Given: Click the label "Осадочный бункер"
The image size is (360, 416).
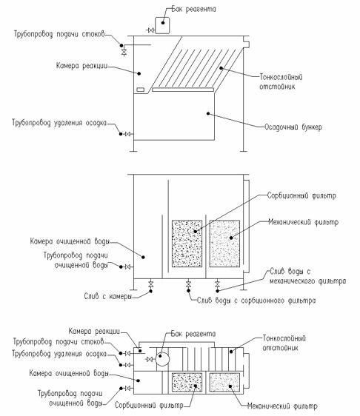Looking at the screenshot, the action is click(x=293, y=127).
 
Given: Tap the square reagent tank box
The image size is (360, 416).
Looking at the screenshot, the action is click(x=162, y=25).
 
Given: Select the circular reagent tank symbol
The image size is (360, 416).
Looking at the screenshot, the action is click(x=162, y=359).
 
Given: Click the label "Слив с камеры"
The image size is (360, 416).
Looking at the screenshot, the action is click(x=108, y=296).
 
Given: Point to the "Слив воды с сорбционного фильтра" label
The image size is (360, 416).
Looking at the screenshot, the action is click(x=256, y=301).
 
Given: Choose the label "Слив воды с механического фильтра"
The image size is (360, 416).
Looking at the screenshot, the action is click(x=307, y=276).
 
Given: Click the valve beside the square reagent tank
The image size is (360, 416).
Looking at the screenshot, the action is click(x=151, y=30).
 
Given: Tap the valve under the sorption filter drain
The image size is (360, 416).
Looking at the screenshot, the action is click(x=188, y=284).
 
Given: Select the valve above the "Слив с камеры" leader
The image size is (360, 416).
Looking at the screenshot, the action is click(x=151, y=284).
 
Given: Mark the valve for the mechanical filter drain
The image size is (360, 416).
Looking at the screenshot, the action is click(x=218, y=284).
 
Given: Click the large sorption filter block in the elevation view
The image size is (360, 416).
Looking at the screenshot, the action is click(x=187, y=244).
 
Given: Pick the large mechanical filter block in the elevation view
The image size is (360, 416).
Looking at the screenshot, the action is click(x=224, y=244).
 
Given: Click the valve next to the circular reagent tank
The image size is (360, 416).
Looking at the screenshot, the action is click(x=150, y=359).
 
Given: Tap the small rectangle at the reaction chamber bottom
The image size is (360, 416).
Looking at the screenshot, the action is click(x=141, y=90).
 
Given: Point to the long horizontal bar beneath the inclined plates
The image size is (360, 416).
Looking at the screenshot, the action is click(x=183, y=90).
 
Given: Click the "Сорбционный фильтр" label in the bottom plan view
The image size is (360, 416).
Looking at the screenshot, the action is click(x=149, y=406).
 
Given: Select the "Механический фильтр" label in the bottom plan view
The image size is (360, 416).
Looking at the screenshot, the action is click(x=282, y=406).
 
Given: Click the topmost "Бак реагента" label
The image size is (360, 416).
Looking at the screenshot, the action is click(x=193, y=9).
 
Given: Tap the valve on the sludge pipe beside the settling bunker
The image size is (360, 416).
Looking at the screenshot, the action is click(x=128, y=134).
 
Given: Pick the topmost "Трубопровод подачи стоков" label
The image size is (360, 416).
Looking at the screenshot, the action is click(x=59, y=34).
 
